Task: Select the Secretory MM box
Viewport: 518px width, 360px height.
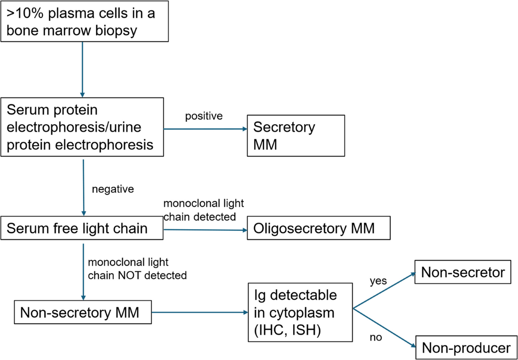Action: click(x=296, y=135)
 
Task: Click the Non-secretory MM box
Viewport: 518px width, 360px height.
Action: click(x=83, y=313)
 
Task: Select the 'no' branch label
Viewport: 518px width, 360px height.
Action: click(x=376, y=338)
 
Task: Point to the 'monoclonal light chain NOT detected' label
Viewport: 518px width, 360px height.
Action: click(x=136, y=268)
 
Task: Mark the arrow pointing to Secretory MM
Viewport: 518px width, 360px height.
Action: click(x=203, y=129)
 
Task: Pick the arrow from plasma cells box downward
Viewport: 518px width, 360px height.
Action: click(x=82, y=69)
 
